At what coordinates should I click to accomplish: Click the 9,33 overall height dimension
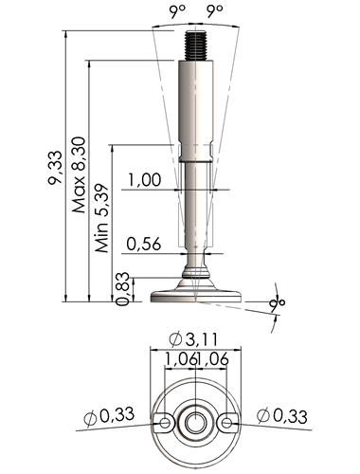click(x=55, y=168)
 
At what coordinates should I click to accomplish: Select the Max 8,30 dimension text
click(x=79, y=174)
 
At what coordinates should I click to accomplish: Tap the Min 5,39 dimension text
click(x=102, y=218)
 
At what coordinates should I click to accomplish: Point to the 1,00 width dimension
click(x=144, y=179)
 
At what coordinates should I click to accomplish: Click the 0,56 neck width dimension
click(x=144, y=244)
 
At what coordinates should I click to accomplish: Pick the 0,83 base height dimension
click(x=122, y=289)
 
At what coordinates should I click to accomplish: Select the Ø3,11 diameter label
click(x=193, y=339)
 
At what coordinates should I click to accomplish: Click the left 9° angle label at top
click(x=177, y=11)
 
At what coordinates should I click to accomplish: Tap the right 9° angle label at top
click(x=215, y=11)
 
